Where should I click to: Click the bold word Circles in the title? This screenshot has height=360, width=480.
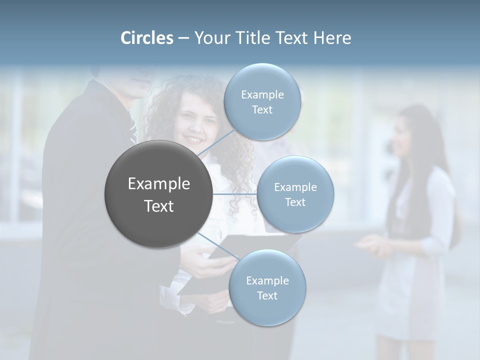pyautogui.click(x=146, y=38)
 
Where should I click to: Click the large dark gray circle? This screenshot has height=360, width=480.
pyautogui.click(x=159, y=194)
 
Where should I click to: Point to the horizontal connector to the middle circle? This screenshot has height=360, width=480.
pyautogui.click(x=235, y=194)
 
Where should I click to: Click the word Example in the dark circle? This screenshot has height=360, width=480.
pyautogui.click(x=159, y=184)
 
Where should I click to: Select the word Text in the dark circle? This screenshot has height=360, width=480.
pyautogui.click(x=159, y=206)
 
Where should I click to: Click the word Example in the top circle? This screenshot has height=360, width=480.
pyautogui.click(x=262, y=94)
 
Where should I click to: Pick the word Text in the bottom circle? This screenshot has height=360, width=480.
pyautogui.click(x=267, y=295)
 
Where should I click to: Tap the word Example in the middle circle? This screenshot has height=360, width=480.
pyautogui.click(x=295, y=187)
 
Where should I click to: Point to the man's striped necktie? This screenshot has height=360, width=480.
pyautogui.click(x=132, y=131)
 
